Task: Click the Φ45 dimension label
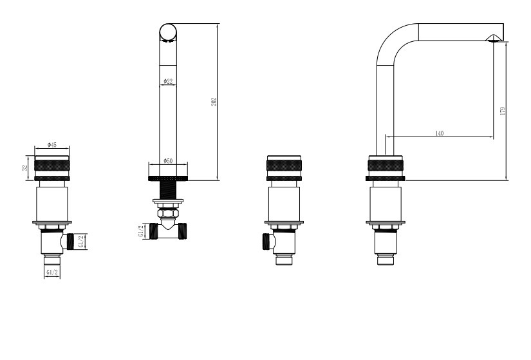pos(52,145)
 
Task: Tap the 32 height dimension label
pos(25,168)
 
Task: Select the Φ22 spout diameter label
pos(168,81)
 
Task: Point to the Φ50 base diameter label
pos(168,160)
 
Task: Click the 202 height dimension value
pos(214,102)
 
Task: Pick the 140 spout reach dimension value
pos(439,133)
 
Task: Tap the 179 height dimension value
pos(503,111)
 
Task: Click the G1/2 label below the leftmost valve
pos(52,272)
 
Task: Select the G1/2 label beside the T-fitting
pos(141,231)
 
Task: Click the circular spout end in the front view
pos(168,32)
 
